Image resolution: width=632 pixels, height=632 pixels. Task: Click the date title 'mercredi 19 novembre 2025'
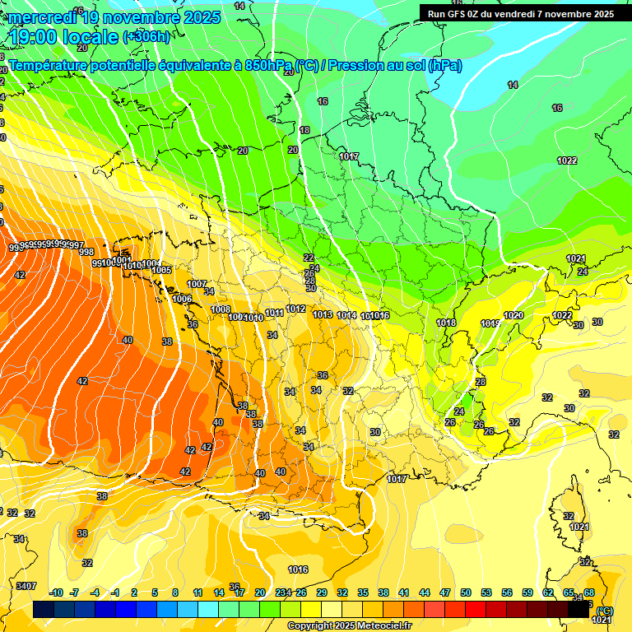pyautogui.click(x=114, y=17)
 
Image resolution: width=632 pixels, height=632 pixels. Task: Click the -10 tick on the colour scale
pyautogui.click(x=56, y=592)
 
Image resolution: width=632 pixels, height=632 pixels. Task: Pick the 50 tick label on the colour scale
pyautogui.click(x=466, y=592)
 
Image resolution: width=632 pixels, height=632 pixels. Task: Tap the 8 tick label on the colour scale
pyautogui.click(x=175, y=592)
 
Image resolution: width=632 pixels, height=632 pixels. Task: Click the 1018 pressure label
pyautogui.click(x=446, y=323)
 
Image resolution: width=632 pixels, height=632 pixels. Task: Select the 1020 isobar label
pyautogui.click(x=513, y=316)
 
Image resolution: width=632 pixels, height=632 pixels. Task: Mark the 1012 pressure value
pyautogui.click(x=296, y=309)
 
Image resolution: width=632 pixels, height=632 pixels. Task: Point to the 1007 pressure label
pyautogui.click(x=197, y=284)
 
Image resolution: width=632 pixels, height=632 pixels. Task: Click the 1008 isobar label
pyautogui.click(x=221, y=310)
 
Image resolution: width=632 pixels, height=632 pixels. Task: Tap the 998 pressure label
pyautogui.click(x=86, y=253)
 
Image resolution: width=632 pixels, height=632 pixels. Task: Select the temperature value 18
pyautogui.click(x=304, y=131)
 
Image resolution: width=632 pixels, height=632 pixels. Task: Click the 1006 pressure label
pyautogui.click(x=182, y=299)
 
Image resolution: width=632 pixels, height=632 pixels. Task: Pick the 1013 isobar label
pyautogui.click(x=323, y=315)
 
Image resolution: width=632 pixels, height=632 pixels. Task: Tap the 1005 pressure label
pyautogui.click(x=161, y=270)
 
